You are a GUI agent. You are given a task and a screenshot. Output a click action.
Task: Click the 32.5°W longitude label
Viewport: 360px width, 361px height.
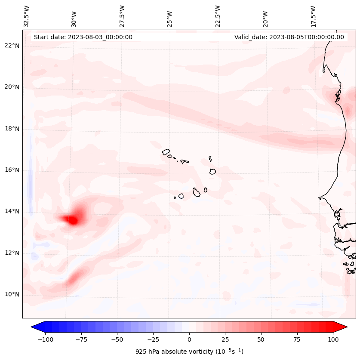(27, 16)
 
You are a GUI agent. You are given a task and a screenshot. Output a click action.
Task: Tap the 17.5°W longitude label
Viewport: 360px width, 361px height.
(313, 16)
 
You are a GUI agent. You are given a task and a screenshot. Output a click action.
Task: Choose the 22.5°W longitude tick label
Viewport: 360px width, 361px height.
(218, 16)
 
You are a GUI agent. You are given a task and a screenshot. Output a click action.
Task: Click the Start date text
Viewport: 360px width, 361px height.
(83, 37)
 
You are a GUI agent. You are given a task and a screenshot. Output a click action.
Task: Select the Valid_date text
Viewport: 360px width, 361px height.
(289, 37)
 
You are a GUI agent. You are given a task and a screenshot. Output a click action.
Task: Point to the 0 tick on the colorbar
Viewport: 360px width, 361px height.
(189, 340)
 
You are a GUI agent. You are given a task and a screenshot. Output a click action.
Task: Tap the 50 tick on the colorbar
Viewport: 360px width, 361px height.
(261, 340)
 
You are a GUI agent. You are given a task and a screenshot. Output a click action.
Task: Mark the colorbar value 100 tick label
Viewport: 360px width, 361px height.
(333, 340)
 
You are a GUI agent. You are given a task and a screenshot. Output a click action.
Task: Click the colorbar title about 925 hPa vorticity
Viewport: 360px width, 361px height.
(189, 352)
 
